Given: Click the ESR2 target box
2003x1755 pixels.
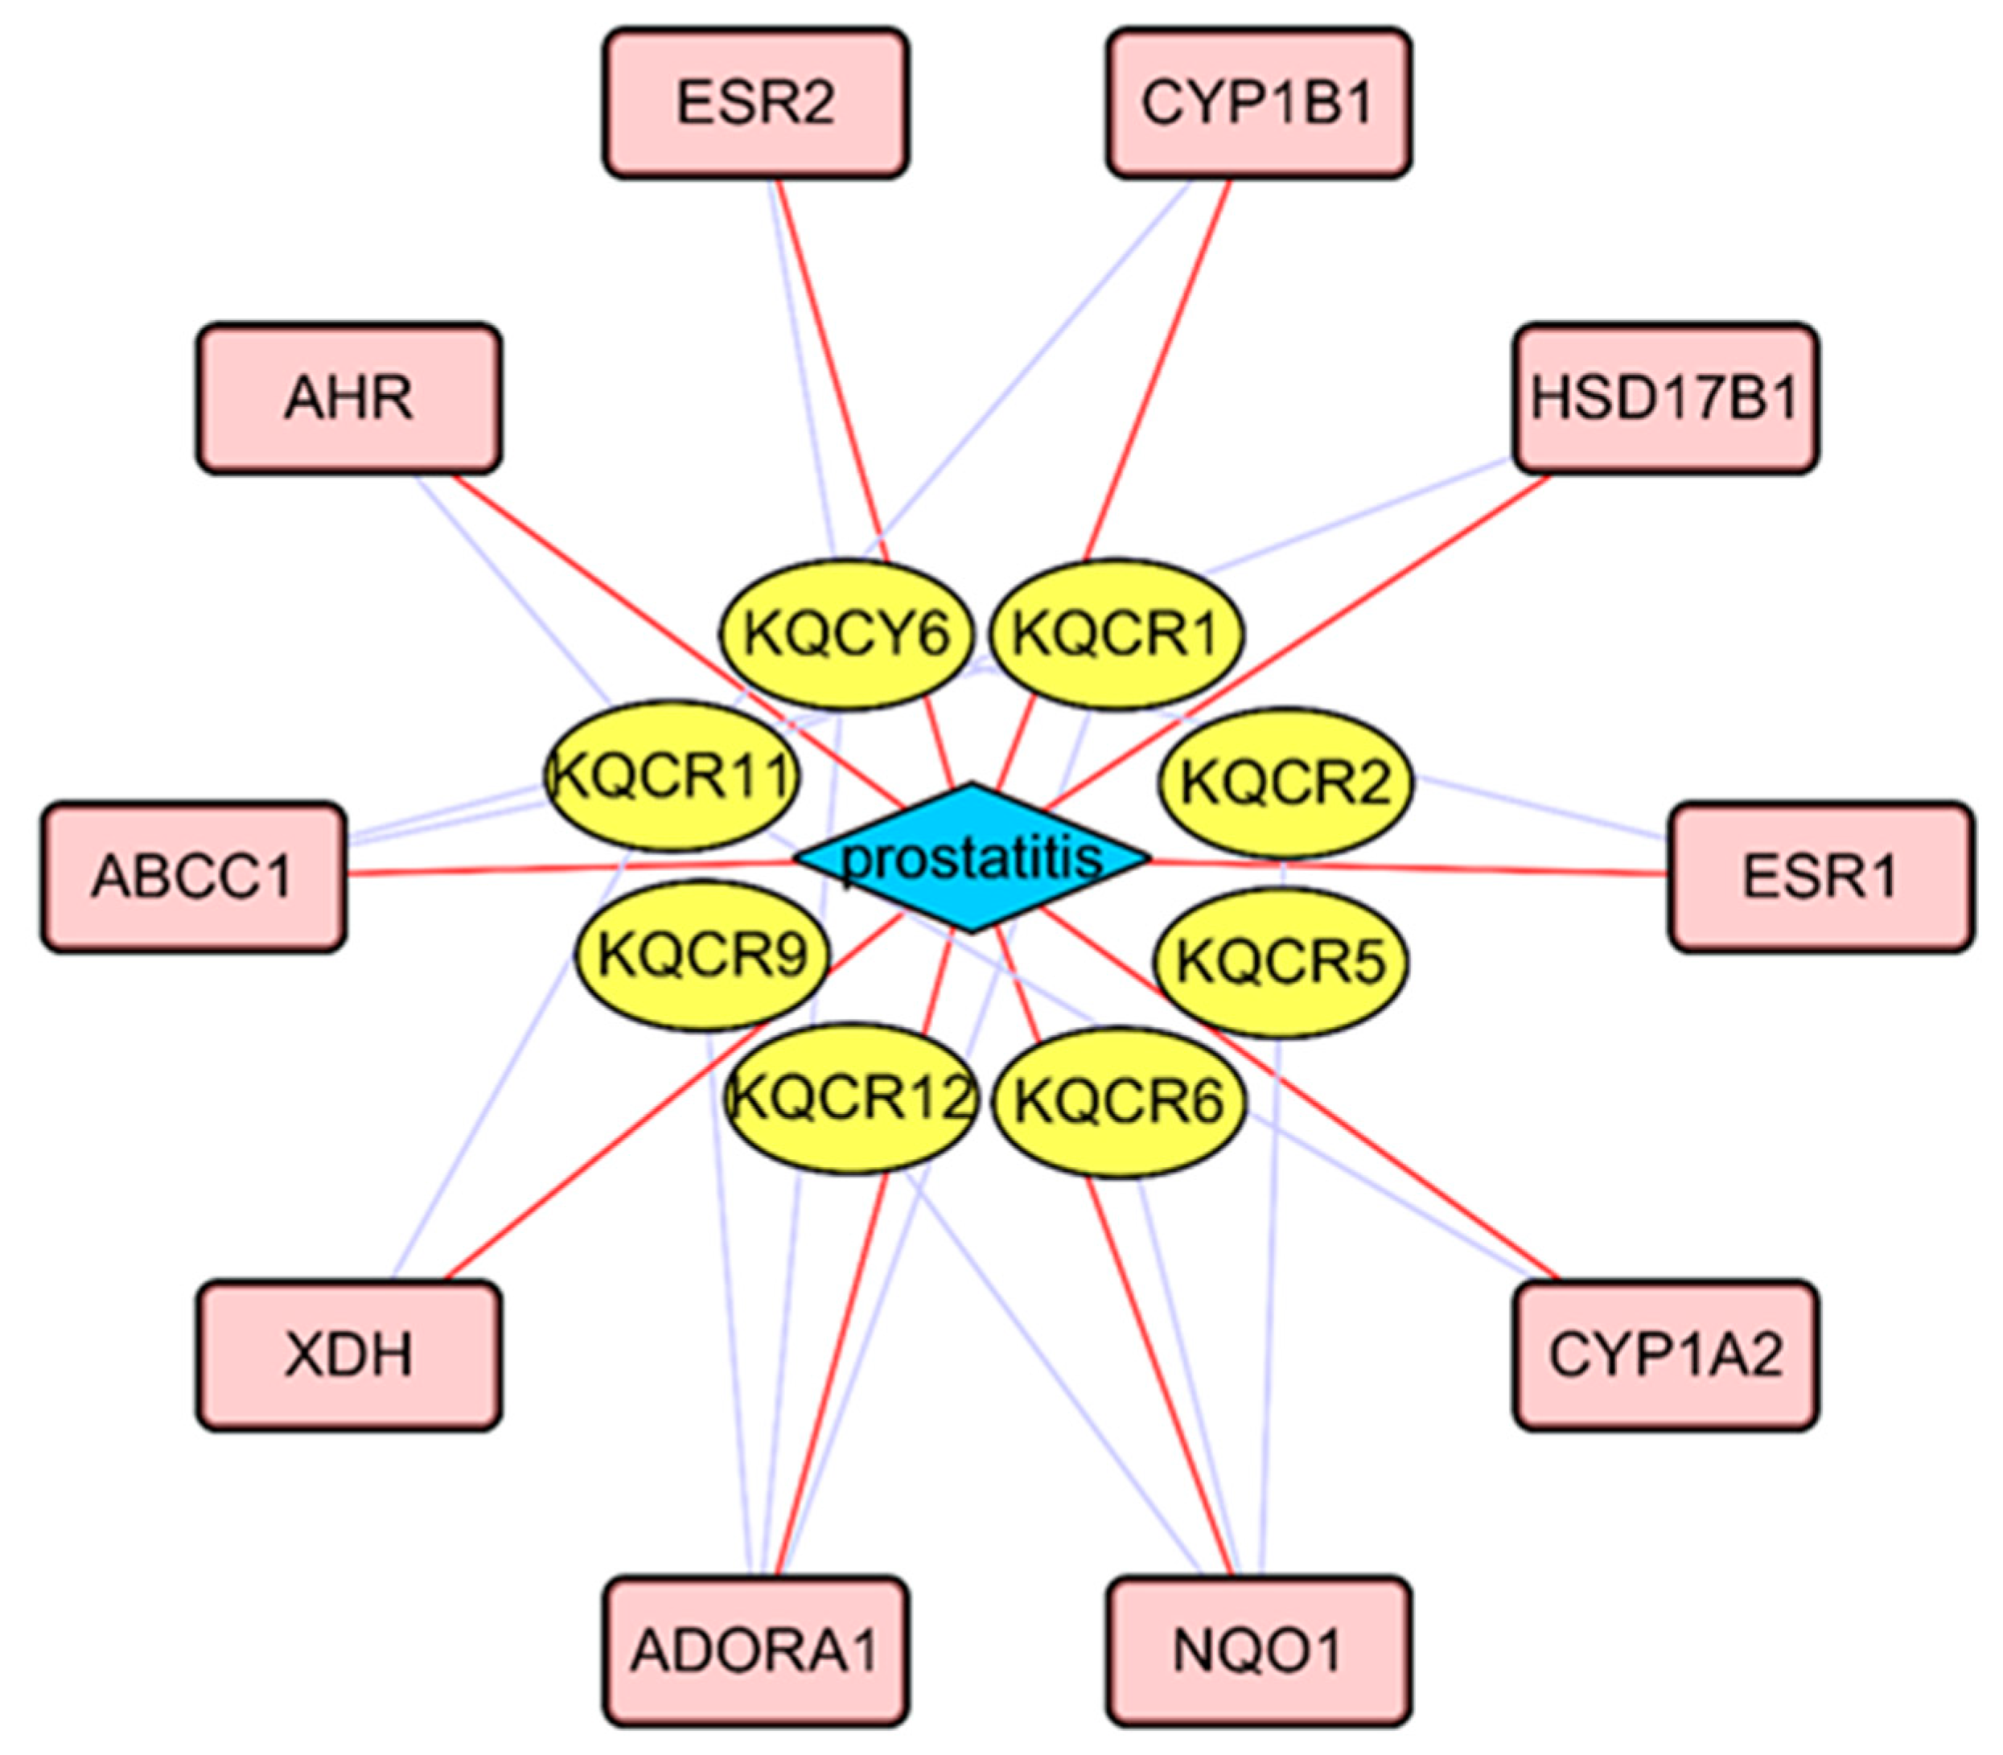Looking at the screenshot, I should click(755, 103).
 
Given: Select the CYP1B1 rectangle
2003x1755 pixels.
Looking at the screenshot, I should click(1259, 103).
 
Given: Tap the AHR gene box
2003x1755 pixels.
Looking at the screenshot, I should click(348, 397).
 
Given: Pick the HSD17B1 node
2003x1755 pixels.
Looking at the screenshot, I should click(1665, 397).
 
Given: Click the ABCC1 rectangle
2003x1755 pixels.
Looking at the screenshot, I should click(193, 877).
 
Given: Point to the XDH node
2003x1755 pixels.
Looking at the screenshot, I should click(348, 1355).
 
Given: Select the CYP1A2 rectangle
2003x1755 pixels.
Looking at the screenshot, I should click(1665, 1355).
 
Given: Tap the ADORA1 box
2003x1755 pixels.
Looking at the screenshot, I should click(755, 1650).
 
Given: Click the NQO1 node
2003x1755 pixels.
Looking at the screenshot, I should click(1259, 1650).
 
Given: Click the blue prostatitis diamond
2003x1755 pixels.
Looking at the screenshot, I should click(972, 858).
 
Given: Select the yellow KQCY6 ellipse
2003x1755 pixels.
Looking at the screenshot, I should click(846, 634).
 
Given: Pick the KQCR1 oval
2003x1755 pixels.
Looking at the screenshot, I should click(1117, 634).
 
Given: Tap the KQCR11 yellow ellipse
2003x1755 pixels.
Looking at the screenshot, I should click(672, 775).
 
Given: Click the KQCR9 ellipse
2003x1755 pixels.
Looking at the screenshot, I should click(702, 955).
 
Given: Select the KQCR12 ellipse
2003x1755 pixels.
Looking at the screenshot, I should click(851, 1098).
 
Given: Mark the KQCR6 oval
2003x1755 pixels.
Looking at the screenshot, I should click(1119, 1102).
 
